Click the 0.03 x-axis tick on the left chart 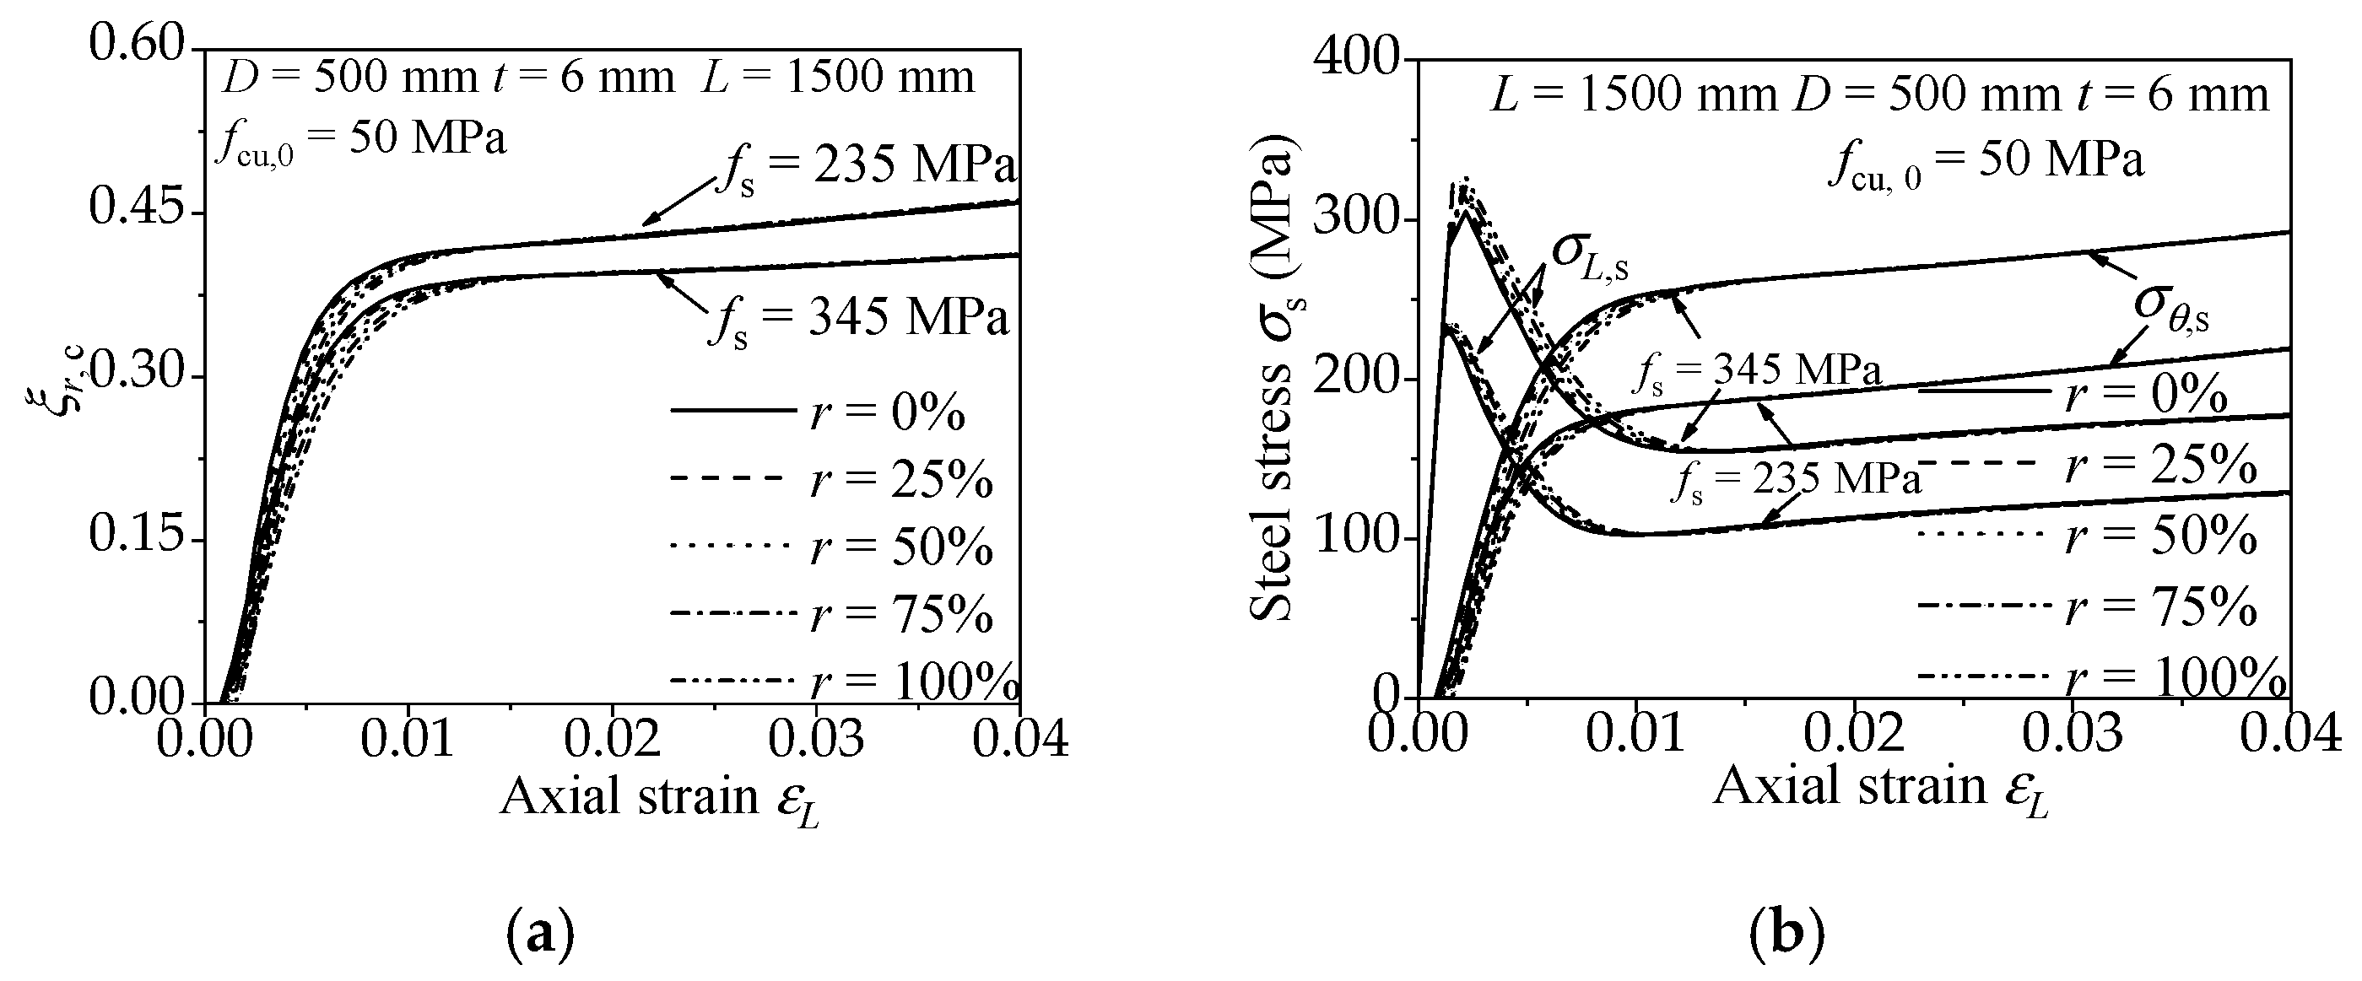click(x=816, y=739)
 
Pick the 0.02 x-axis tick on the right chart click(x=1855, y=735)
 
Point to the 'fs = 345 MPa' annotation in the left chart click(x=858, y=320)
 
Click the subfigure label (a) click(x=540, y=935)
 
